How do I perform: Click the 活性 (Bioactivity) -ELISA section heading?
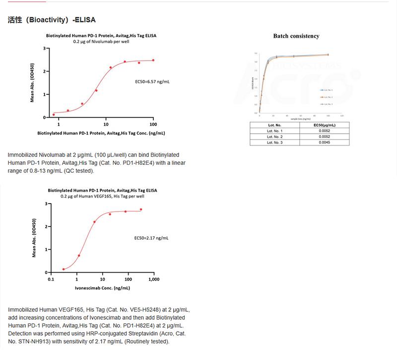[52, 20]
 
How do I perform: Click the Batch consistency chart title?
[296, 36]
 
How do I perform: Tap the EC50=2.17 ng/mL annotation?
[151, 238]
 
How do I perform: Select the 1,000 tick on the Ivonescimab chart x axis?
[154, 280]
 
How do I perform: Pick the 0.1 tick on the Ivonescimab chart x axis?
[51, 280]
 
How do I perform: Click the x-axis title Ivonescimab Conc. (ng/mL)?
[102, 288]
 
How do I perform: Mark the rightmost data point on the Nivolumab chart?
[153, 60]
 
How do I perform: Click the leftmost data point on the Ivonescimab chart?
[64, 269]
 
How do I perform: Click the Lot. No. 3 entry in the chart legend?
[328, 104]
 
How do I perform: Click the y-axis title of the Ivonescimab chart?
[34, 238]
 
